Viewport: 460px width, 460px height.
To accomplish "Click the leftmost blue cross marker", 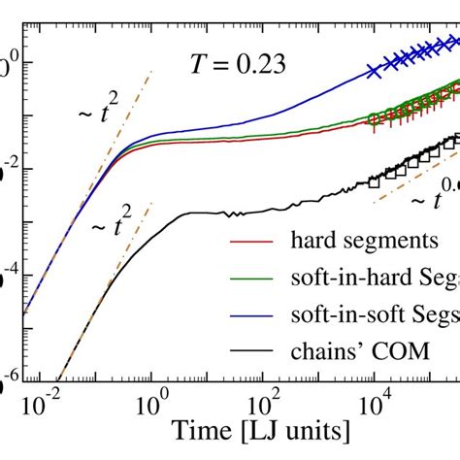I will coord(374,69).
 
